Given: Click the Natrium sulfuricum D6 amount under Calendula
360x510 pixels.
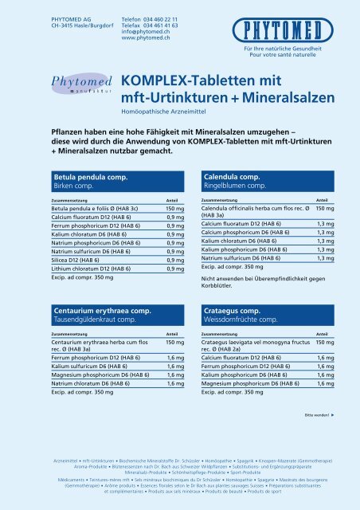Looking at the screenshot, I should (x=324, y=258).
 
